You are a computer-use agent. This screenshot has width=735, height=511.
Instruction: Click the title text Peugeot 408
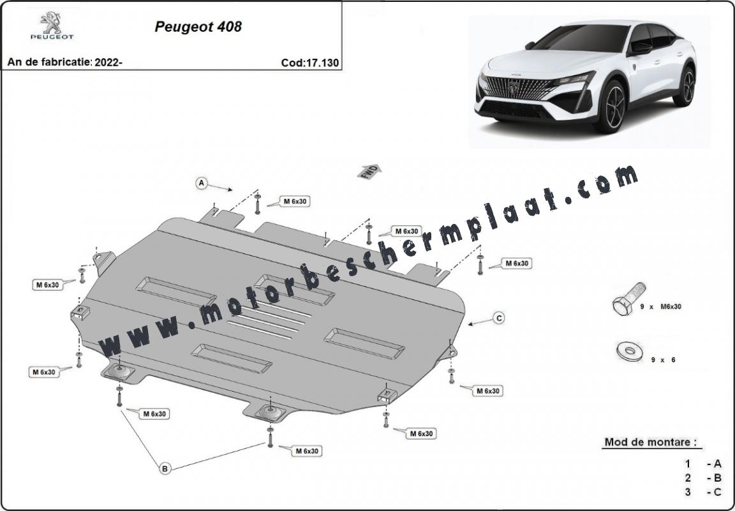point(198,27)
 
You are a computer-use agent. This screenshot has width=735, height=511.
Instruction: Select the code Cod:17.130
point(310,63)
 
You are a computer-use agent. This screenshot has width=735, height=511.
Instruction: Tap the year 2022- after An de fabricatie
point(108,63)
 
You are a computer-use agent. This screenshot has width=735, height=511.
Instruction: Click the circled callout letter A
point(202,183)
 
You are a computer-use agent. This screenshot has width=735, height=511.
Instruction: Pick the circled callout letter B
point(165,468)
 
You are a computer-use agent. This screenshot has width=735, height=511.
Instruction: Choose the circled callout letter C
point(499,318)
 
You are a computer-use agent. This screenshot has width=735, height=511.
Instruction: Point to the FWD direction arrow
point(369,172)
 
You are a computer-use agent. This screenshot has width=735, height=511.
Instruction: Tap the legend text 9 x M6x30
point(660,307)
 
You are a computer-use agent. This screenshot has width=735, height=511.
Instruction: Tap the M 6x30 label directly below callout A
point(295,202)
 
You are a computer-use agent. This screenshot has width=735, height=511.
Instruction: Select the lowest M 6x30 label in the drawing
point(307,451)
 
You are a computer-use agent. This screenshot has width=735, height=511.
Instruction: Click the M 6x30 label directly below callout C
point(488,391)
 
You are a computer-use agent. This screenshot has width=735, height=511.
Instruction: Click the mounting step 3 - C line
point(702,492)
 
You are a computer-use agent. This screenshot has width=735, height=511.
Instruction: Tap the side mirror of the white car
point(641,47)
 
